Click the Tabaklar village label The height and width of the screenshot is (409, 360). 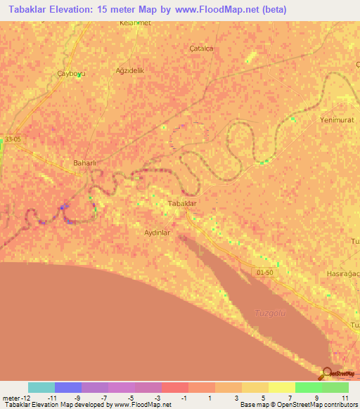(181, 203)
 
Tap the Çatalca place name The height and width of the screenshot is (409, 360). (202, 48)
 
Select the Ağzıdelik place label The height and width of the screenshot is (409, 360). (129, 70)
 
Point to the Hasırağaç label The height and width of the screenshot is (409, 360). (343, 273)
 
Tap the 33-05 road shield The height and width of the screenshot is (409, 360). (12, 139)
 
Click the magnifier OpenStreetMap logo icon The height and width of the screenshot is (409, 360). (328, 374)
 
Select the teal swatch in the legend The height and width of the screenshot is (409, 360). (41, 387)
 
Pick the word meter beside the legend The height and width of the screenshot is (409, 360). (11, 398)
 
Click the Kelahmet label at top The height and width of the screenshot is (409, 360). (136, 23)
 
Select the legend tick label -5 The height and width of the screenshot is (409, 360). (132, 398)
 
